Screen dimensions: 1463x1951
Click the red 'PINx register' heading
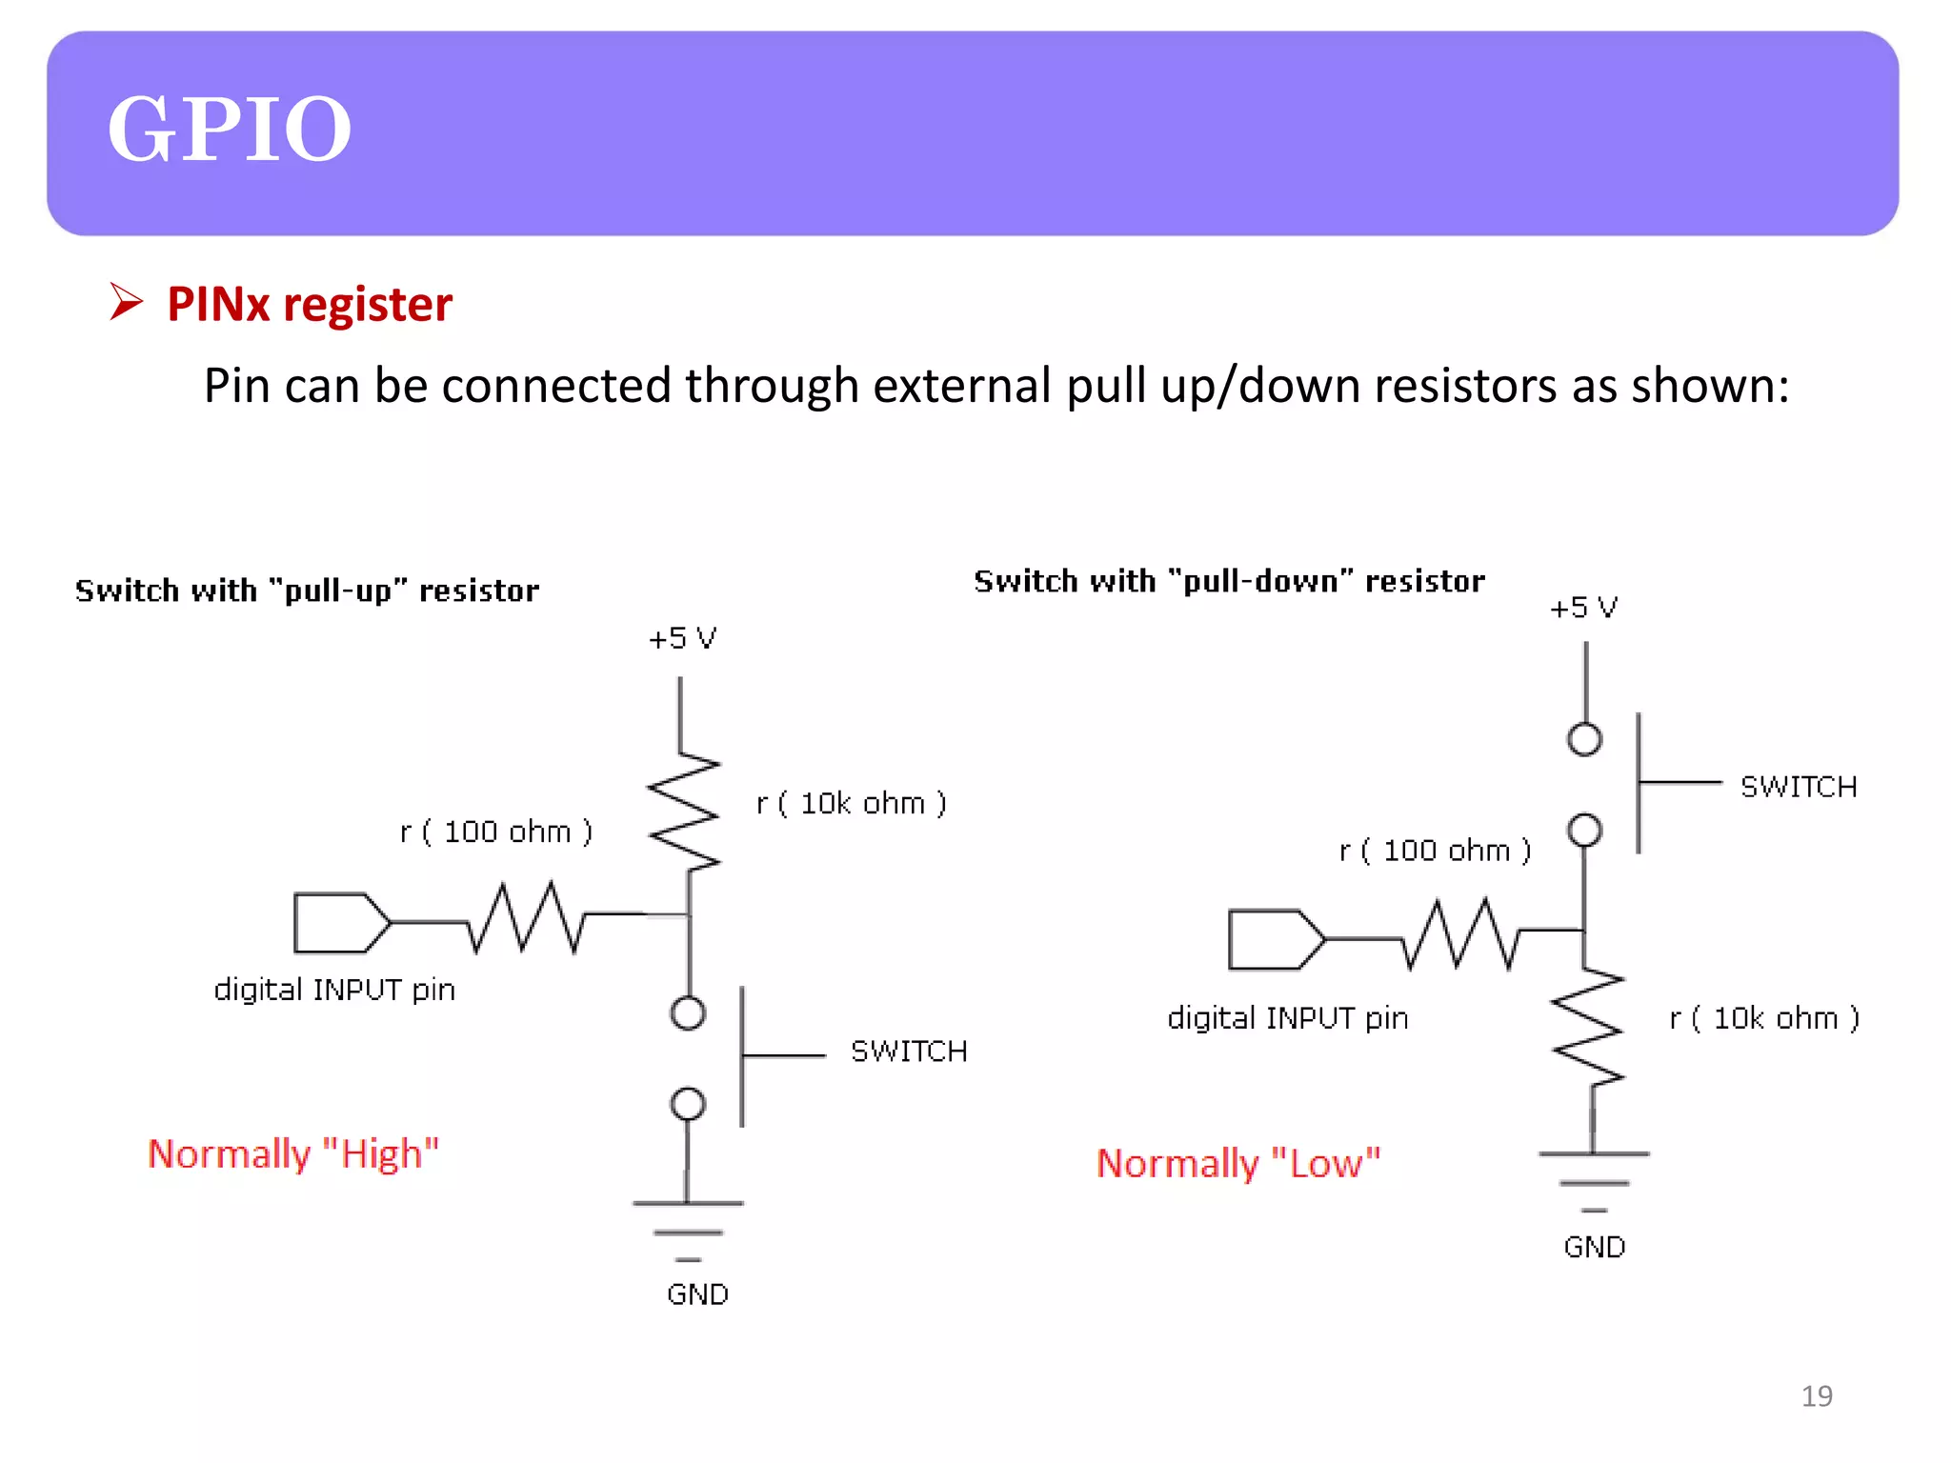point(309,305)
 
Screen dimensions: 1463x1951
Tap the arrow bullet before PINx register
point(126,302)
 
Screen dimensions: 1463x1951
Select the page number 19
point(1816,1396)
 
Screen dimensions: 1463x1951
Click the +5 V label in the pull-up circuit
point(682,638)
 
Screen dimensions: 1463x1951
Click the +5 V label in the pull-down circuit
point(1582,608)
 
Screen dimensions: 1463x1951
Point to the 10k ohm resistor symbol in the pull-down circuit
point(1588,1028)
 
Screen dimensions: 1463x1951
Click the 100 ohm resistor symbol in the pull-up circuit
point(526,918)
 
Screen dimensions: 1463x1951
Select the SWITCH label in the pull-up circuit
point(909,1052)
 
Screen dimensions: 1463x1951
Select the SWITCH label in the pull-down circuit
point(1798,787)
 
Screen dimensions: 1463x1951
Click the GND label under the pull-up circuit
point(697,1294)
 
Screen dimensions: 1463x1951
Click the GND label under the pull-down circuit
point(1594,1247)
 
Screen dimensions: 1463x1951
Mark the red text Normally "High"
point(293,1154)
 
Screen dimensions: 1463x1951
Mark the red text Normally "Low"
point(1237,1164)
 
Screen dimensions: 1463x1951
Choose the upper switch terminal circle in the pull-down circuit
point(1584,739)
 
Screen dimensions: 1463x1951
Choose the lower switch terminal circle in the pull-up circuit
point(688,1104)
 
